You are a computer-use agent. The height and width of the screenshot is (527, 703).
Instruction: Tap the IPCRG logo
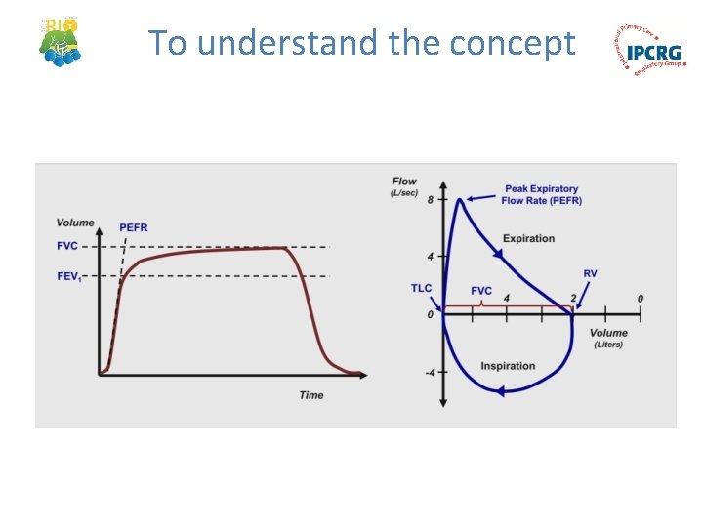(650, 50)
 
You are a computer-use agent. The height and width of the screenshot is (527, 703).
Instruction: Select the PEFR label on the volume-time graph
(134, 227)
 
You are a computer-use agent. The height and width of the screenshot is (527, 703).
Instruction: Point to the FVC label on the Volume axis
(68, 246)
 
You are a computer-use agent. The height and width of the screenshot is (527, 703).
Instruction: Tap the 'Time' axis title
(311, 395)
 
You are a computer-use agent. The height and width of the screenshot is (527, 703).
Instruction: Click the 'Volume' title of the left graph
(75, 223)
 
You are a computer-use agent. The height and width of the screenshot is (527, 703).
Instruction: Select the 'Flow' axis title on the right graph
(404, 182)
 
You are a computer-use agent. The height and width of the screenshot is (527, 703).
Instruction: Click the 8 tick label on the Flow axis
(431, 199)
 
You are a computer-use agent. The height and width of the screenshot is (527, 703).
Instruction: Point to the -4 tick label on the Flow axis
(429, 372)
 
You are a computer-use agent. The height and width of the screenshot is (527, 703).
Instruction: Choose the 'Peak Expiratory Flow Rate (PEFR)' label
(541, 194)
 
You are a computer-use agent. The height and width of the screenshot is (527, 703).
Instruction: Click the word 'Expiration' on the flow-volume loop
(528, 238)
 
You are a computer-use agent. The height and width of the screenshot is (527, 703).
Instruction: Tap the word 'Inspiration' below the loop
(508, 366)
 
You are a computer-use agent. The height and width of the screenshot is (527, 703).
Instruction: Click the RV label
(590, 274)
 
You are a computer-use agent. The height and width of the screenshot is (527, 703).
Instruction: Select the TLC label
(421, 288)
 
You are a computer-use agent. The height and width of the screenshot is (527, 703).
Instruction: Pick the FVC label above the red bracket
(481, 291)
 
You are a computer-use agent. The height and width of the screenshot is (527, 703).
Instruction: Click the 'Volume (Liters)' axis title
(610, 338)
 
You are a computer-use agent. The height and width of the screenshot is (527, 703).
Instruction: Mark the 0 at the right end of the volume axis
(640, 298)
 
